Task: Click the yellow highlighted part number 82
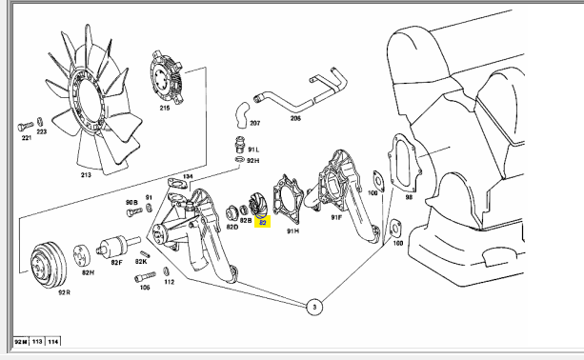[262, 223]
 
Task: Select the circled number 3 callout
[314, 307]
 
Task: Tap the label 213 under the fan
[86, 174]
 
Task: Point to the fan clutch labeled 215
[166, 77]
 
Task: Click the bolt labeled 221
[26, 127]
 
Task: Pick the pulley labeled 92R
[49, 265]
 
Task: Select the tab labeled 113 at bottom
[37, 341]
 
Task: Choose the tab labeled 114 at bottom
[53, 341]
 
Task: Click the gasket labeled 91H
[289, 200]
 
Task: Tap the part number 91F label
[336, 217]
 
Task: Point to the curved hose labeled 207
[242, 115]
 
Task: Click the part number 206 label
[295, 118]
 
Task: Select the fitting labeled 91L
[240, 145]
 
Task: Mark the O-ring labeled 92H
[240, 160]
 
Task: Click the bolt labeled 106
[145, 276]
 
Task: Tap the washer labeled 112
[166, 271]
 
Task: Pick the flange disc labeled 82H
[82, 255]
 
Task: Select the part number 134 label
[188, 176]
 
